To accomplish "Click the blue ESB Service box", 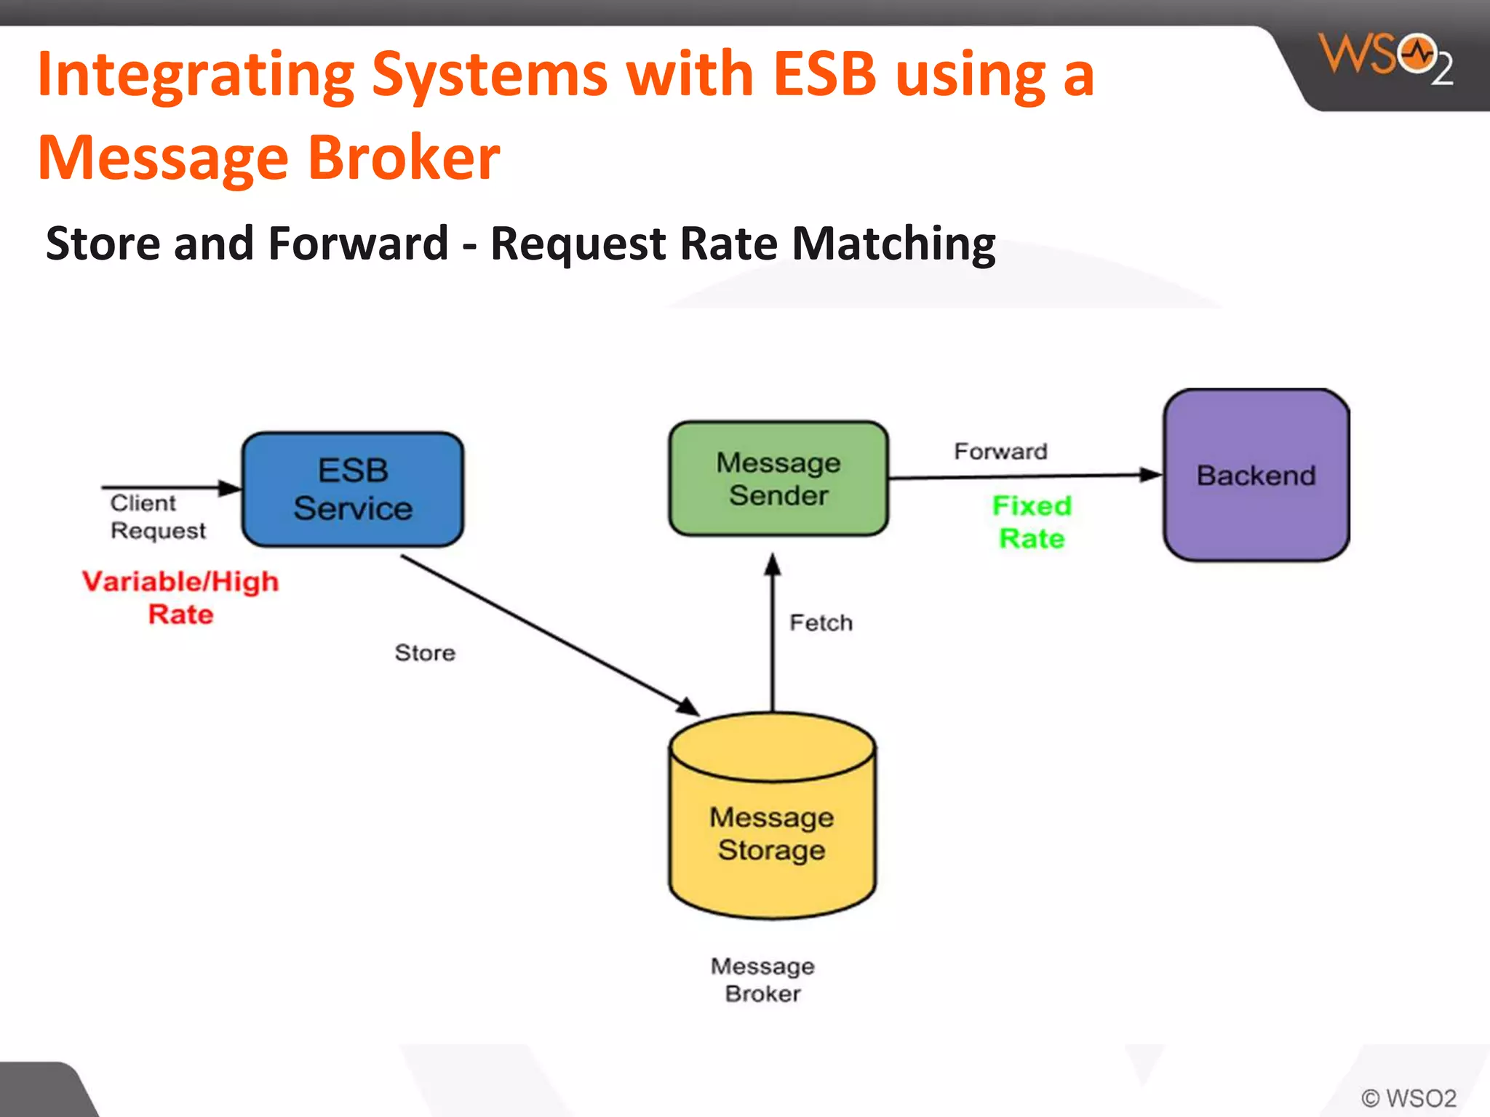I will (x=353, y=489).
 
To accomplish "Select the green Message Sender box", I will (x=778, y=479).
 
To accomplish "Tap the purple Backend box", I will (x=1256, y=475).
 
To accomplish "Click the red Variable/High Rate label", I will (x=180, y=597).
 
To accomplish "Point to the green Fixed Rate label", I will (x=1032, y=521).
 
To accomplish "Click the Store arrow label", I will (x=425, y=652).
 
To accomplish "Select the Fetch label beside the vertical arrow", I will (x=821, y=622).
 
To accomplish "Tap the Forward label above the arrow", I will (x=1000, y=451).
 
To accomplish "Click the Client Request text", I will (x=156, y=516).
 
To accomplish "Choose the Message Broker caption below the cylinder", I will (x=762, y=980).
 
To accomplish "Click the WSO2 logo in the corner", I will (x=1385, y=58).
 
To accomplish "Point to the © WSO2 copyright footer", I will (x=1409, y=1097).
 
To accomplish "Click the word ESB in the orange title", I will (x=824, y=74).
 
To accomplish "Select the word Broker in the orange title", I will (x=404, y=157).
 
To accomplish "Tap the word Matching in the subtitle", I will (x=893, y=243).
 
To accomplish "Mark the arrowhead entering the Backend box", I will (x=1151, y=475).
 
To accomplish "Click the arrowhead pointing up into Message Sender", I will (x=773, y=565).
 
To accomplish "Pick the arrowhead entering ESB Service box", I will (x=230, y=487).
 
